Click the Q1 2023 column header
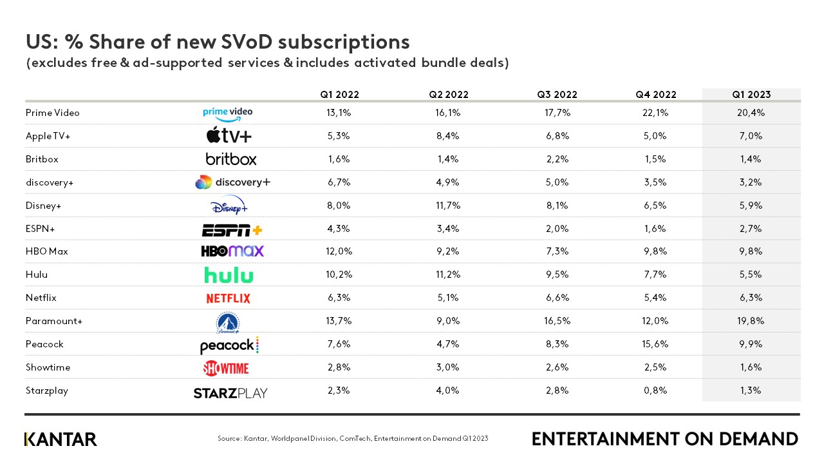tap(751, 95)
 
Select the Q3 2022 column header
tap(557, 95)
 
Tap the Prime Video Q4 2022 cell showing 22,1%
tap(656, 113)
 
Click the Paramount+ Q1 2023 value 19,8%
tap(751, 321)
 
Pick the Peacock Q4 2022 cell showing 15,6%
tap(656, 344)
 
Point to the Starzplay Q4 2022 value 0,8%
tap(656, 391)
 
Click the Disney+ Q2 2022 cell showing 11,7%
tap(449, 206)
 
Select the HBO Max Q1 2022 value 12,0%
tap(339, 251)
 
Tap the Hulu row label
tap(36, 275)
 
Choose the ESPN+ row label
tap(39, 229)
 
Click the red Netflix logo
tap(228, 298)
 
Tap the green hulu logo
tap(229, 275)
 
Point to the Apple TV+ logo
tap(229, 136)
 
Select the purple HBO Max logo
tap(232, 251)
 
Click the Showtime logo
tap(226, 368)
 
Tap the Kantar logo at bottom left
tap(61, 440)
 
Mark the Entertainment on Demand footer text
tap(665, 440)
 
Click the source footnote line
tap(353, 439)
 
